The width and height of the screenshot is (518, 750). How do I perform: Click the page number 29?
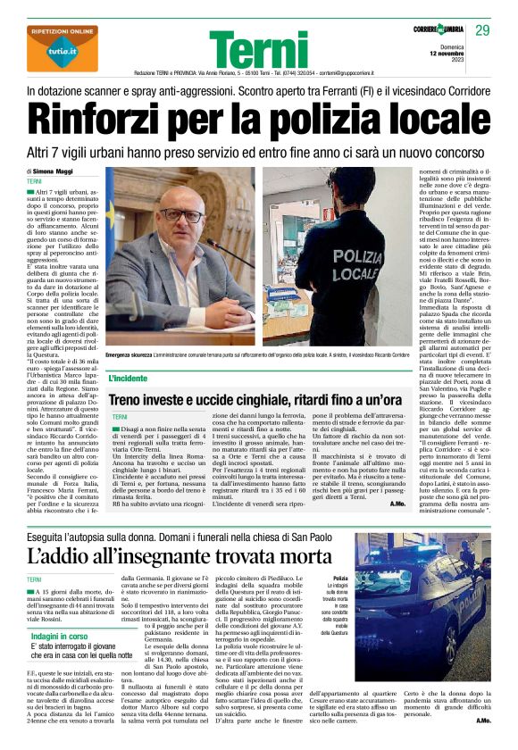coord(482,31)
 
